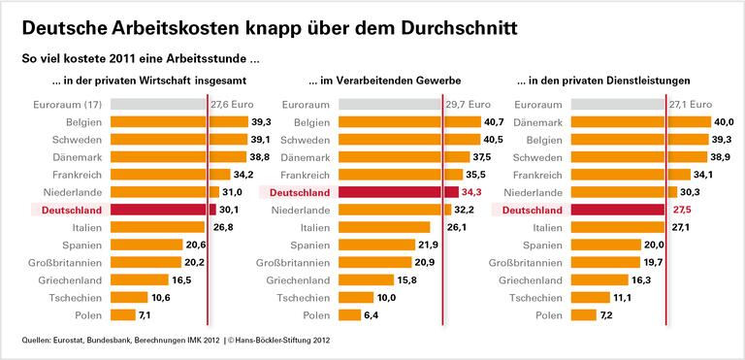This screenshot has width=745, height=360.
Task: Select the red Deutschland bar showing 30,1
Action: pos(160,210)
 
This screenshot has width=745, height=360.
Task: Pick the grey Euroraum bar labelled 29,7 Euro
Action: pos(391,105)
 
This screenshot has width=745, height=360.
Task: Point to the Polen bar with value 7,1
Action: pos(123,314)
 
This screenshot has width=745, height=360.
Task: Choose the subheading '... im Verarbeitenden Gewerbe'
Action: pos(384,80)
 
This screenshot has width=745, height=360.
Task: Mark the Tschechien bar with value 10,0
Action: pos(356,297)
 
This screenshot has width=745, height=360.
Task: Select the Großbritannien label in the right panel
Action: pos(525,262)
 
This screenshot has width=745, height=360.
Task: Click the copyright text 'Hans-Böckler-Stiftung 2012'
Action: pos(291,341)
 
